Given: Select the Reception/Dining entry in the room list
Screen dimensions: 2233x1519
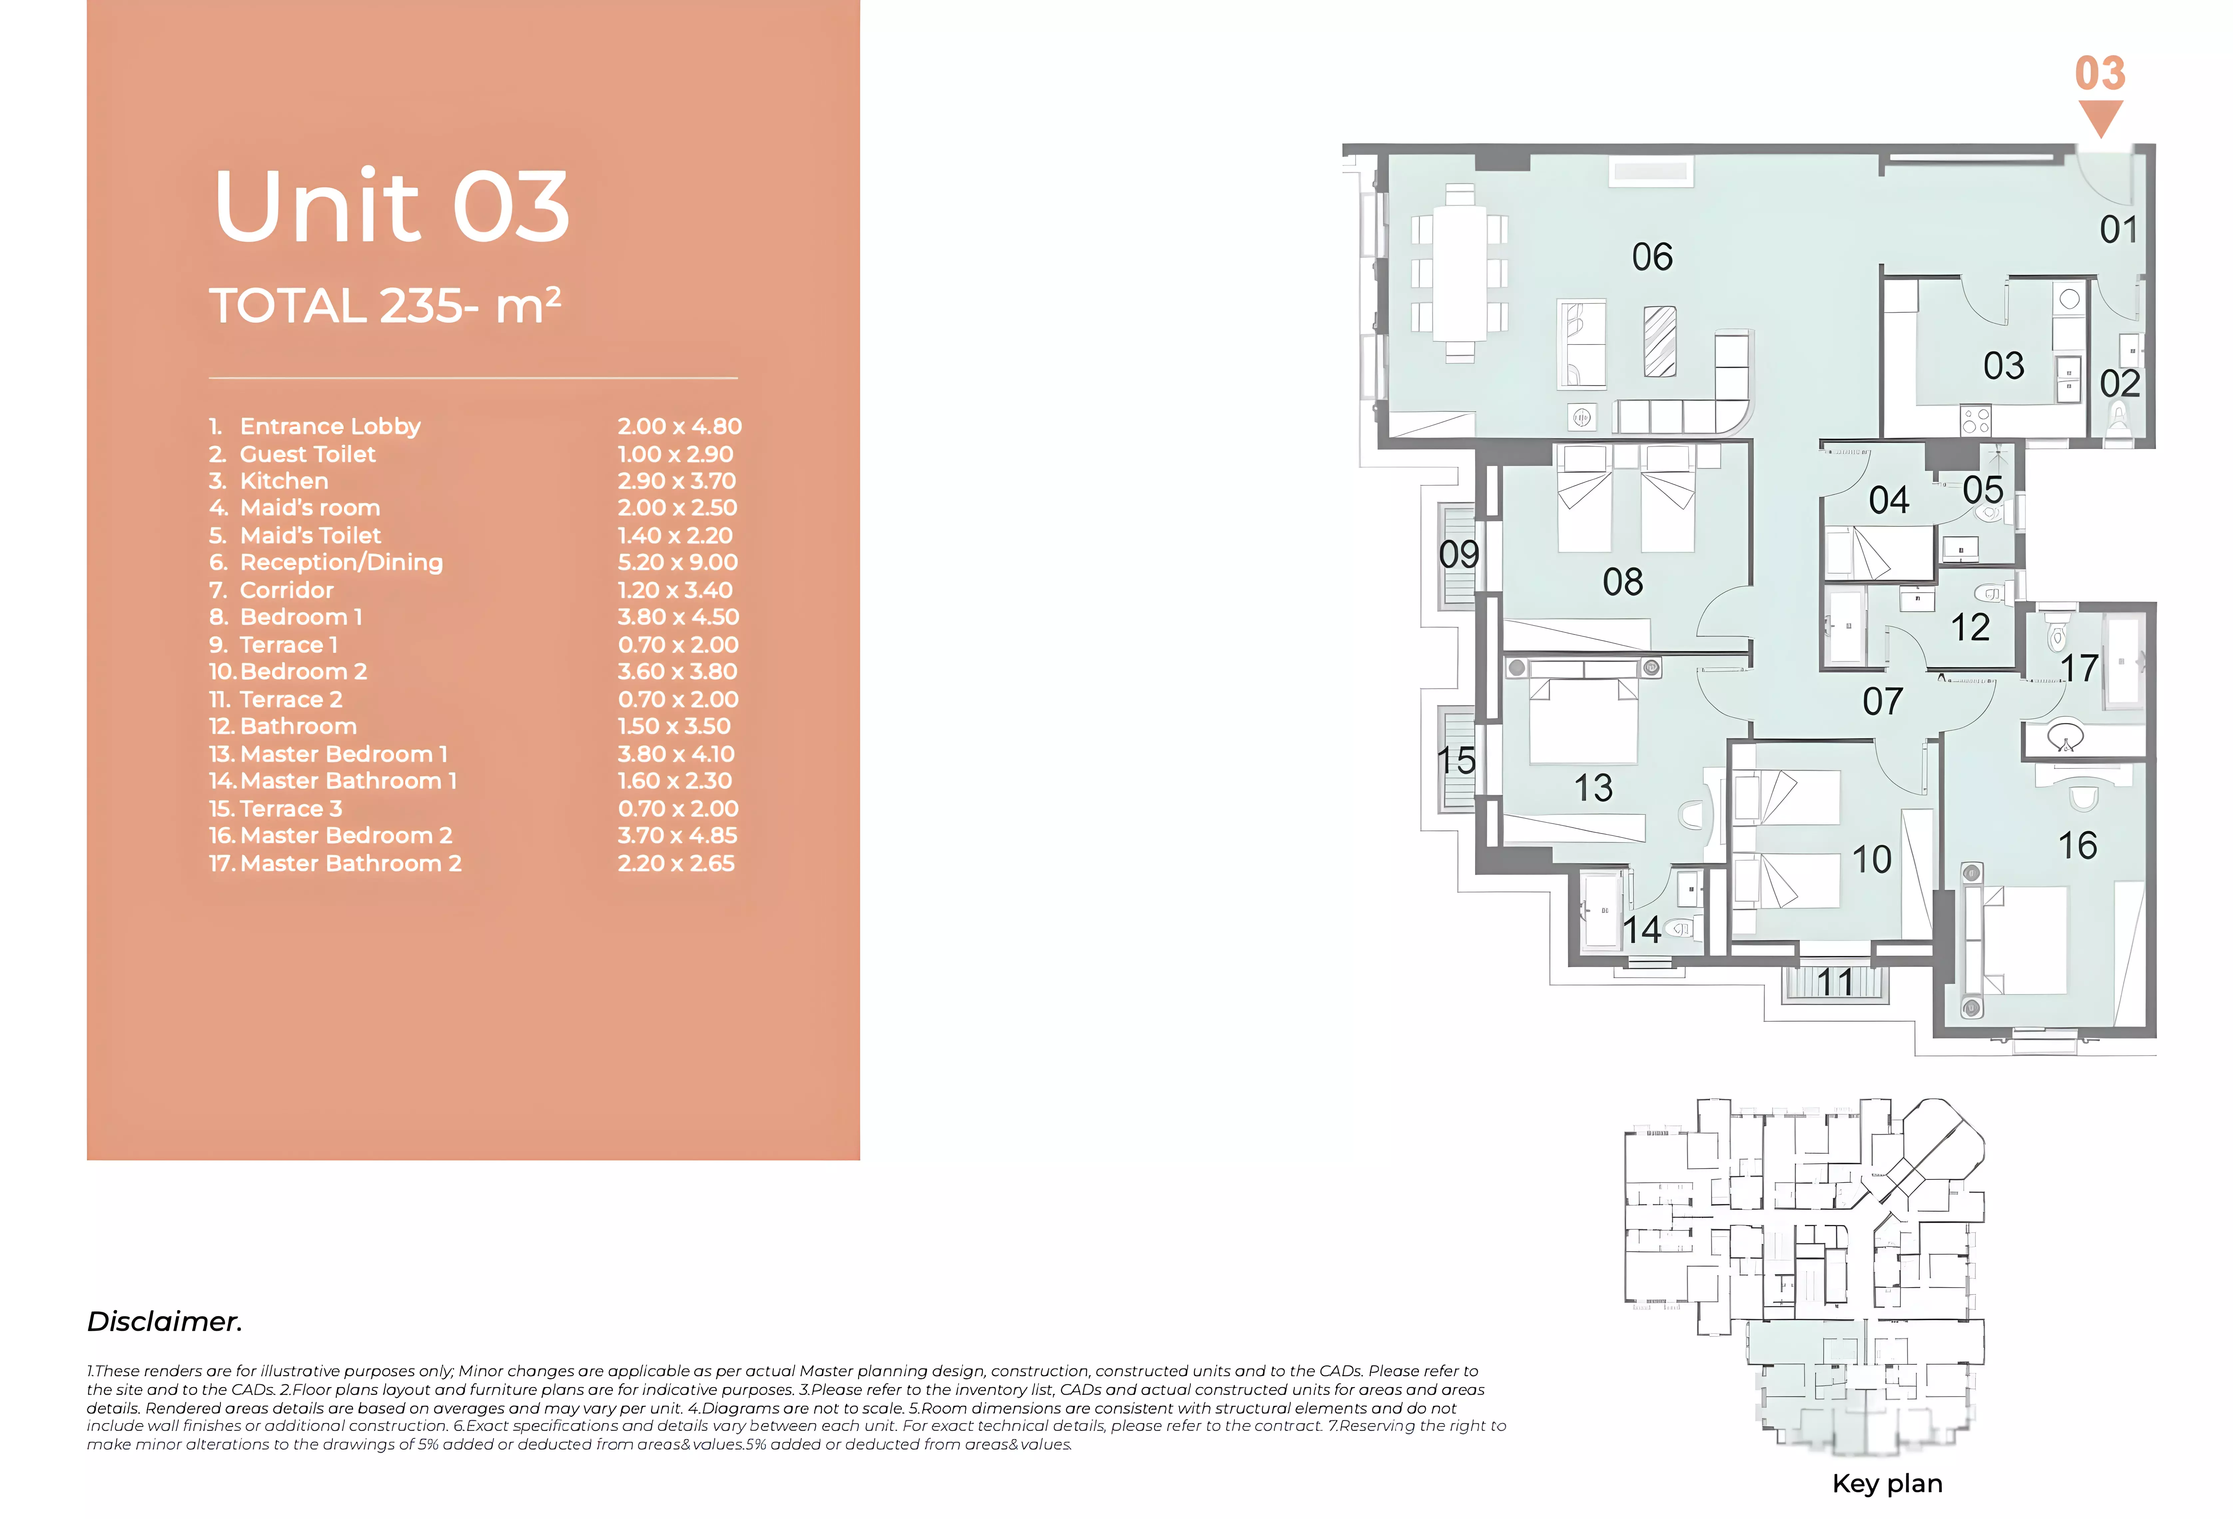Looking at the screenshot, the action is [x=327, y=562].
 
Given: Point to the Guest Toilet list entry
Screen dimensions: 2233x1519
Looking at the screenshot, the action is [x=293, y=453].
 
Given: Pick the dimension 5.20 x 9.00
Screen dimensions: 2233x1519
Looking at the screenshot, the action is [x=677, y=562].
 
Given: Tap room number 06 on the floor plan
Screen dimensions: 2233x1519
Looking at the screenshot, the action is [x=1653, y=256].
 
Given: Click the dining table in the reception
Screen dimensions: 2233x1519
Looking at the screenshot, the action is [x=1460, y=274].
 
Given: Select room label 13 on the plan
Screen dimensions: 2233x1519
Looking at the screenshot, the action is [x=1593, y=788].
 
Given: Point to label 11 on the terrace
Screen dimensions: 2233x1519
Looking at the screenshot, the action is [x=1835, y=982].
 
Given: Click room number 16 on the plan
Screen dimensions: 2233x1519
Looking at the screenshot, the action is [x=2077, y=845].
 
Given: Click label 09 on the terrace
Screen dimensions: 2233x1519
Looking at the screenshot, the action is [x=1459, y=554].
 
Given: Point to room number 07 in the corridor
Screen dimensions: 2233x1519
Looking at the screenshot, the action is [x=1882, y=702].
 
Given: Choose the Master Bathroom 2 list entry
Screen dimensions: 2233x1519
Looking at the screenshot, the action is [x=335, y=863].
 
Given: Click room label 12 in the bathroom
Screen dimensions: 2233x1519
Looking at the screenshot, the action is [x=1970, y=627].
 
